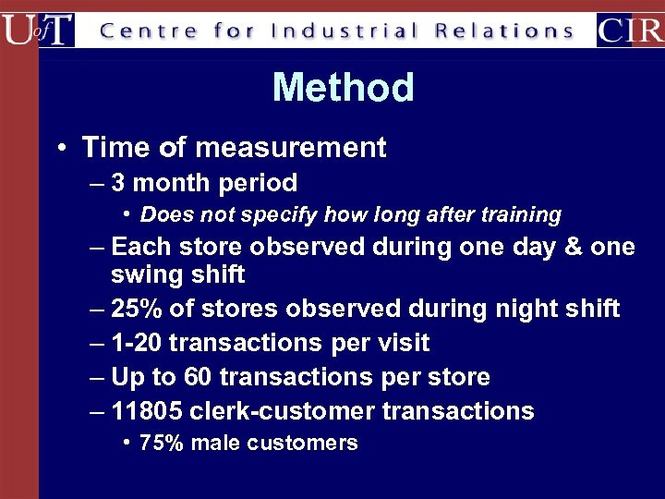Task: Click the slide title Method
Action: point(343,88)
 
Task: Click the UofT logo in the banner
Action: point(38,30)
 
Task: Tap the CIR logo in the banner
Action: point(630,30)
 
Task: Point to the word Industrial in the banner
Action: point(345,30)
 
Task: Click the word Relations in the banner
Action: point(505,30)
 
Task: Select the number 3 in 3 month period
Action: point(119,183)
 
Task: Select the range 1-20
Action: point(137,343)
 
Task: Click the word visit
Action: point(404,343)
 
